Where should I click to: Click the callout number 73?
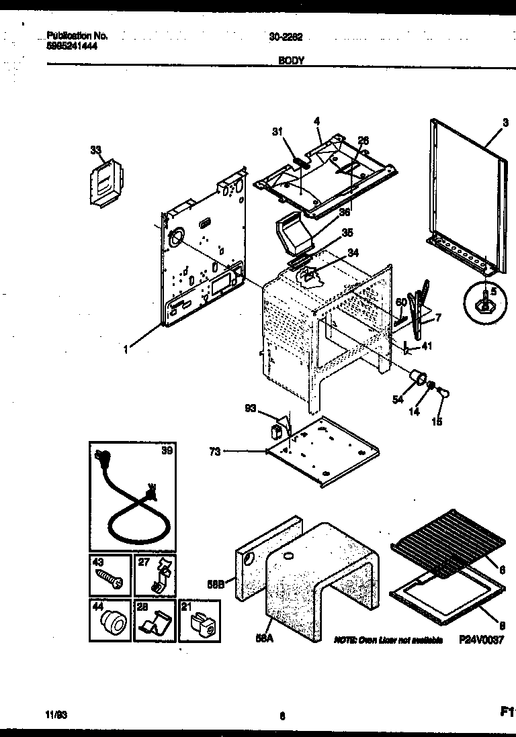(214, 451)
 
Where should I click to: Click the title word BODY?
(291, 60)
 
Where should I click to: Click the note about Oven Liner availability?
(388, 641)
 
